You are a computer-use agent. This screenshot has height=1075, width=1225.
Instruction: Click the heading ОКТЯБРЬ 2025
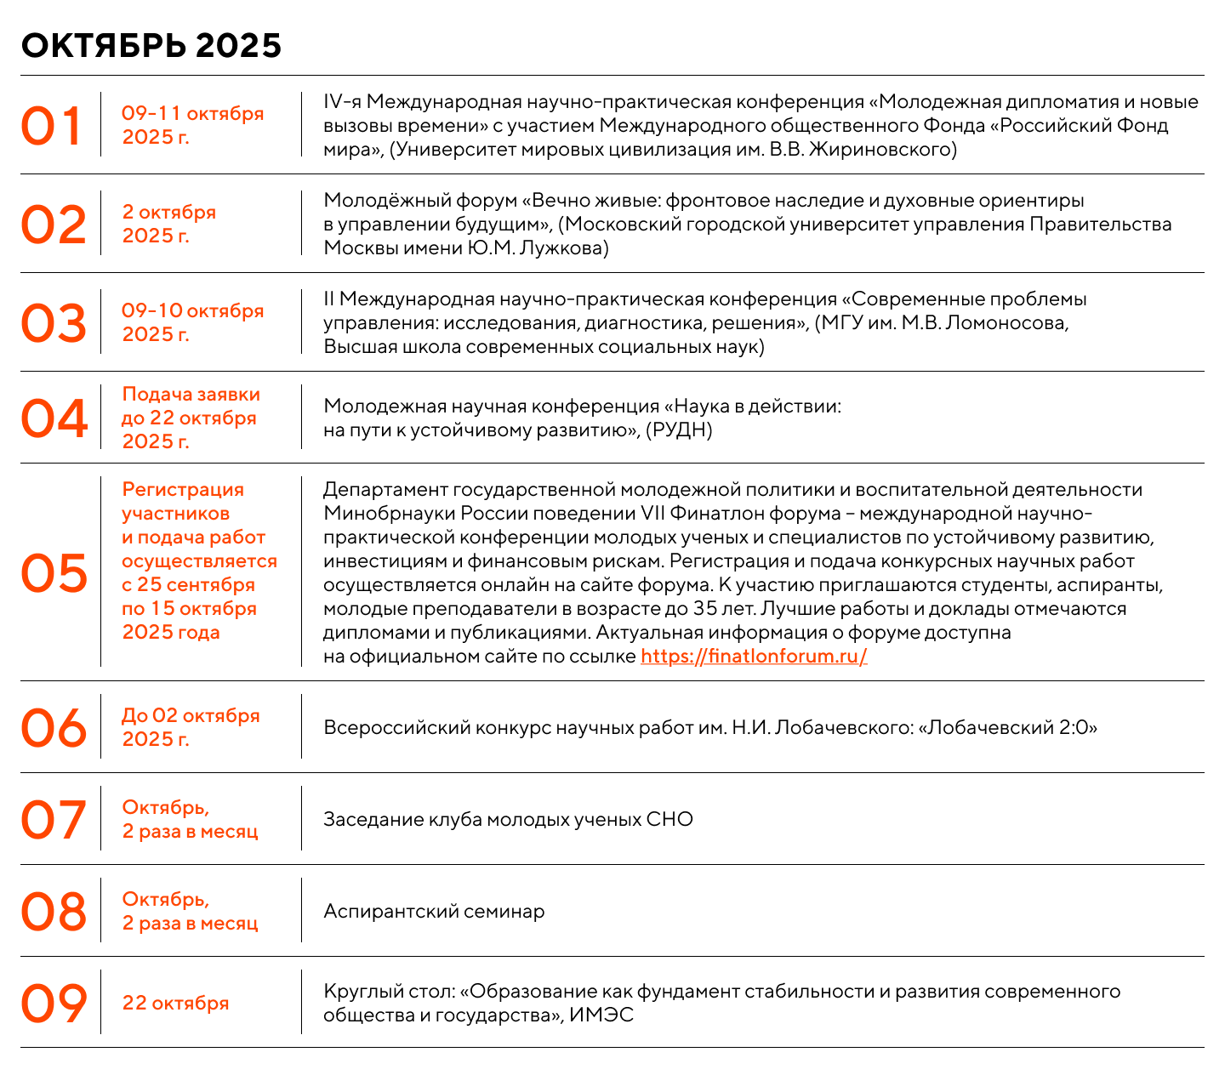[x=151, y=46]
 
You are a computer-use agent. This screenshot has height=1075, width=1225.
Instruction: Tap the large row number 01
[x=52, y=126]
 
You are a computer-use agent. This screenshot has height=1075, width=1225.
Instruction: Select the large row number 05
[x=54, y=572]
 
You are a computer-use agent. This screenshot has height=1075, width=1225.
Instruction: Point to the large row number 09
[x=54, y=1004]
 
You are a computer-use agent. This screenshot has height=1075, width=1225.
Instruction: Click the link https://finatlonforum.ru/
[x=754, y=657]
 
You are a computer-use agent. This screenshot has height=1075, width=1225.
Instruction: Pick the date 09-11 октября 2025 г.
[x=192, y=125]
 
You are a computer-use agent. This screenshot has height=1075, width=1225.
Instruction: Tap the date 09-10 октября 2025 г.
[x=192, y=322]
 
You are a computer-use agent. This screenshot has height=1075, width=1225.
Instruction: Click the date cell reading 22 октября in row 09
[x=175, y=1004]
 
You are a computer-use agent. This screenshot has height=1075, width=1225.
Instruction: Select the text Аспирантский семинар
[x=434, y=912]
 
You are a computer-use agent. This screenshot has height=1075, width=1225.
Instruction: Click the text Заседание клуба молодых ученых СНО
[x=508, y=820]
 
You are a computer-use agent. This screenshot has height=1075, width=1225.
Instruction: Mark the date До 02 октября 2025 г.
[x=191, y=727]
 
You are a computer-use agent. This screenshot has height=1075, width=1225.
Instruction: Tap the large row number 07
[x=54, y=820]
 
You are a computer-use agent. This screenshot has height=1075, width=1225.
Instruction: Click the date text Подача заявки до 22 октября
[x=191, y=407]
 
